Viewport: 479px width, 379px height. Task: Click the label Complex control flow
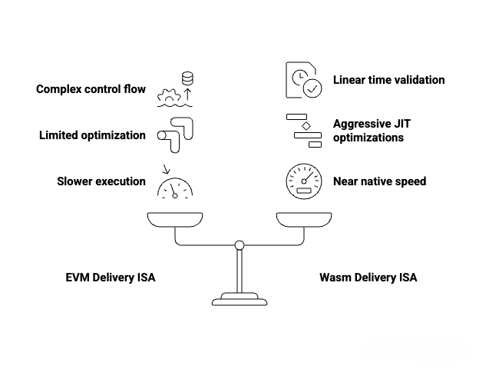pyautogui.click(x=91, y=89)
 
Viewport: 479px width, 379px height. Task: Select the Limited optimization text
pyautogui.click(x=92, y=135)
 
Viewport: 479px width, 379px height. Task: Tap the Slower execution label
pyautogui.click(x=101, y=181)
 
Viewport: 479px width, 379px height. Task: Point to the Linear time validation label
pyautogui.click(x=388, y=80)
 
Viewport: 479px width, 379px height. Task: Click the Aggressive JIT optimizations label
pyautogui.click(x=368, y=131)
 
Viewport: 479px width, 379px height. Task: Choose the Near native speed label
pyautogui.click(x=379, y=181)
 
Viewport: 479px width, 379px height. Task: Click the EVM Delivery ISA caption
pyautogui.click(x=111, y=278)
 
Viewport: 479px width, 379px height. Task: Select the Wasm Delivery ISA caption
pyautogui.click(x=368, y=278)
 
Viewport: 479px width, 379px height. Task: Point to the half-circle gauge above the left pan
pyautogui.click(x=174, y=188)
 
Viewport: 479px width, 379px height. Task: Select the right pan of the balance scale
pyautogui.click(x=304, y=221)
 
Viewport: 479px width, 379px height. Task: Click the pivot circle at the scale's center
pyautogui.click(x=240, y=245)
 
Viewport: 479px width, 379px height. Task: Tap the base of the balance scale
pyautogui.click(x=240, y=298)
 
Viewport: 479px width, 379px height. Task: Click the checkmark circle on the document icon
pyautogui.click(x=312, y=89)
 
